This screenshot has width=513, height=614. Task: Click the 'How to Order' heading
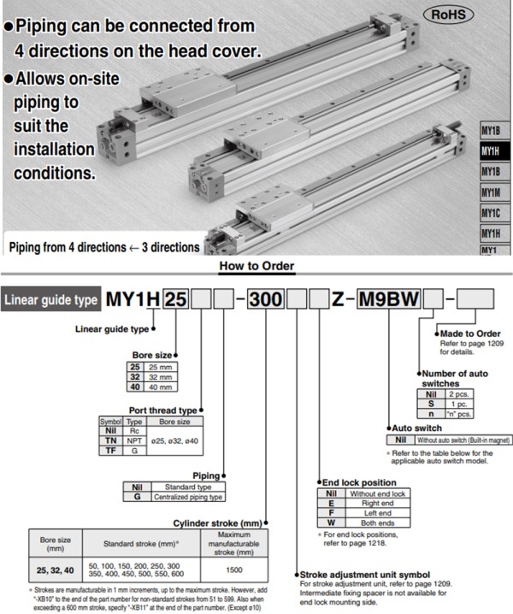[256, 267]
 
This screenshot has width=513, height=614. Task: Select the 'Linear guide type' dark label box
[50, 300]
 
